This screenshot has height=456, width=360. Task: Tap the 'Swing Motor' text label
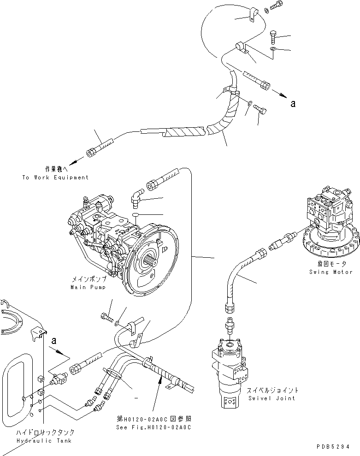(x=330, y=272)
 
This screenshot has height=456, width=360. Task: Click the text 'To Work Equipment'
(x=55, y=178)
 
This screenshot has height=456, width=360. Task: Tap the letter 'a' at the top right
(x=292, y=104)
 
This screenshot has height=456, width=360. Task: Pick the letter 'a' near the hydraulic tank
(x=54, y=341)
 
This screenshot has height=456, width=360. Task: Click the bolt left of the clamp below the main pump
(x=106, y=317)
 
